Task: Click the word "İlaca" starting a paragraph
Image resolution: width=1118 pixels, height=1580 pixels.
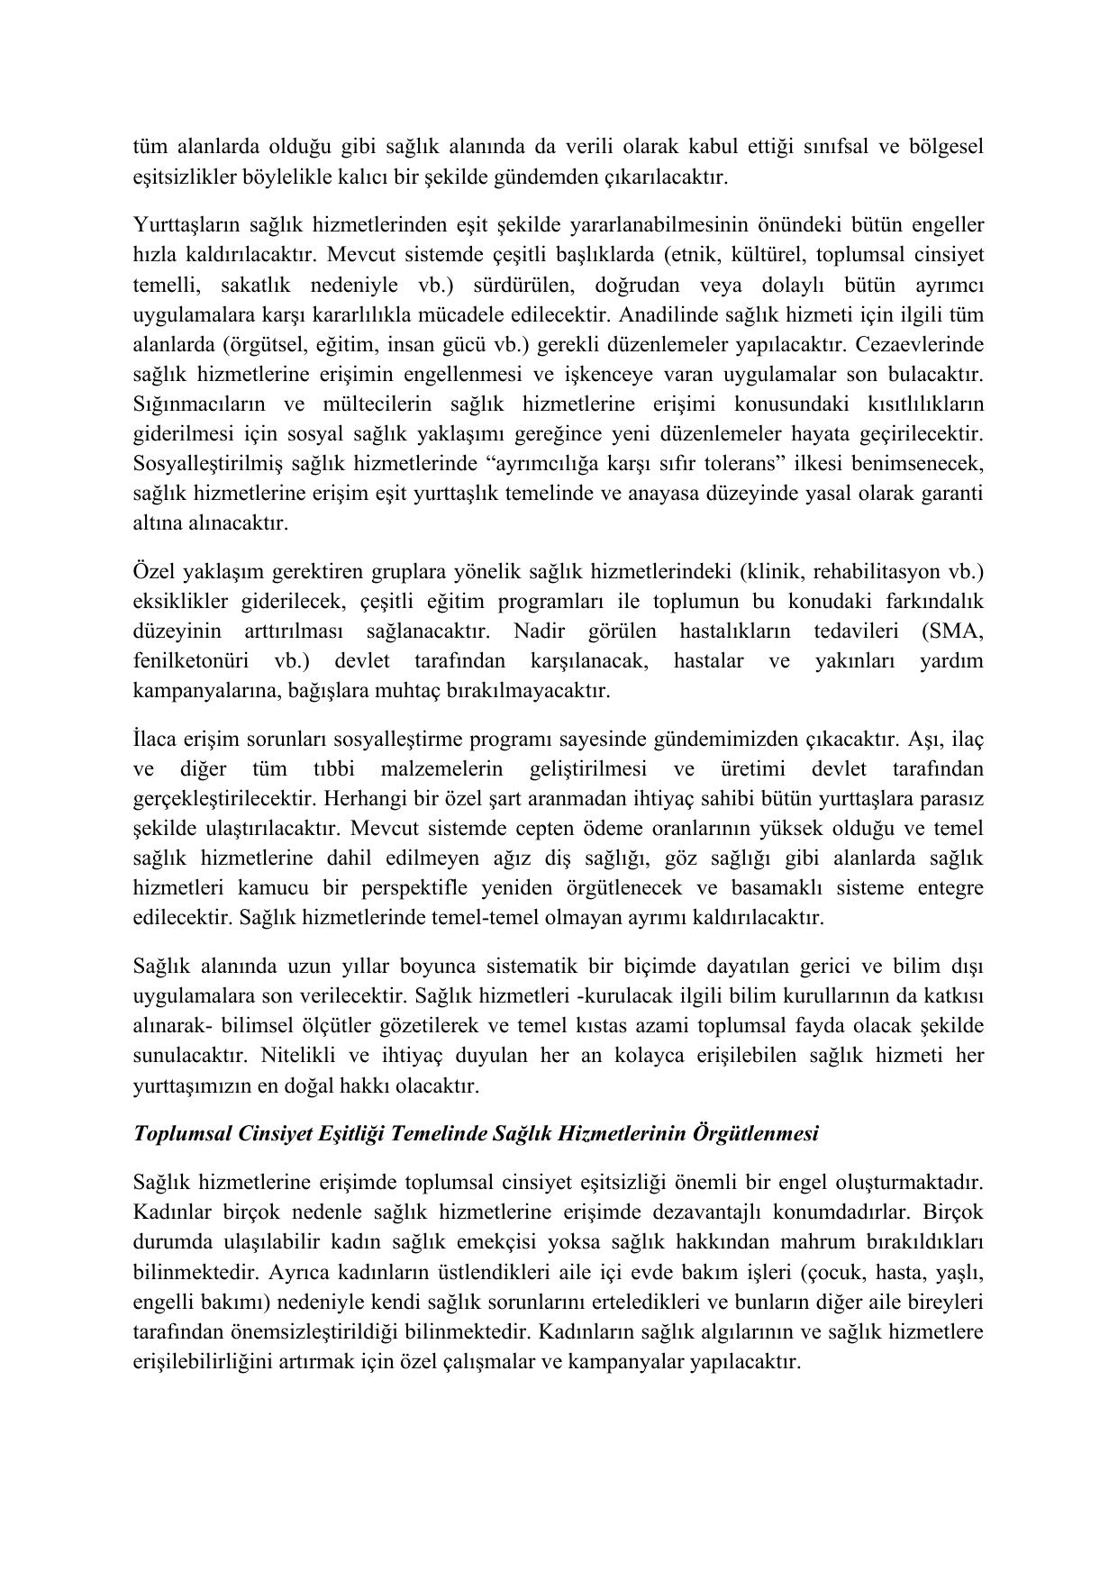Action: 157,740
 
